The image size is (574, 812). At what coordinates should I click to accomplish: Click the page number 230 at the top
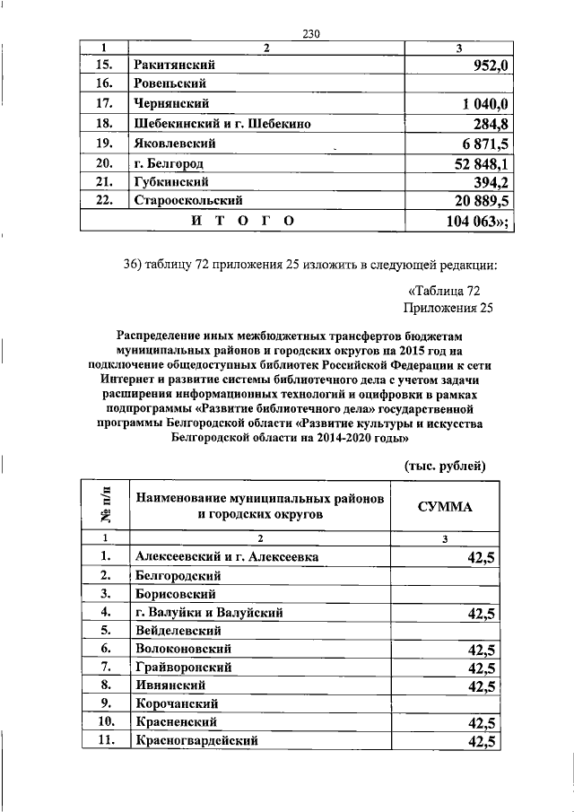point(311,34)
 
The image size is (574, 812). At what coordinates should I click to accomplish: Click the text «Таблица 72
point(445,291)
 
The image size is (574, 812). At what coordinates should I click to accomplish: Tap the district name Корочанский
point(175,703)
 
